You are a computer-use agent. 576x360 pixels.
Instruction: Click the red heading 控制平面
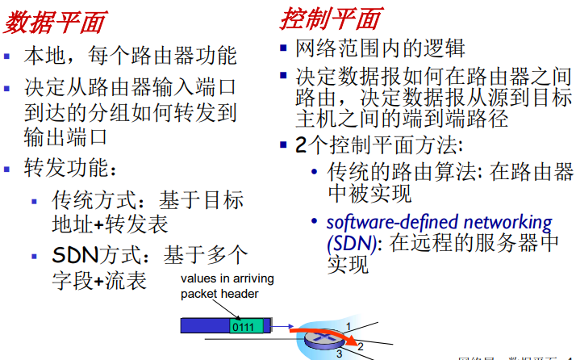330,18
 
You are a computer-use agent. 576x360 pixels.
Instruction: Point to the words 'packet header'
220,294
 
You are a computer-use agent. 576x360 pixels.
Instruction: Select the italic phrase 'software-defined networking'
439,222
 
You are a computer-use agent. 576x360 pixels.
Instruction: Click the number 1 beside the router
349,325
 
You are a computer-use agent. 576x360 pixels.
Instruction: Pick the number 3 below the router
340,354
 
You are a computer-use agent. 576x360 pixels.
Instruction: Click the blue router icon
323,341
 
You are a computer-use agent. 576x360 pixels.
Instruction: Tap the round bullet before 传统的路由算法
314,173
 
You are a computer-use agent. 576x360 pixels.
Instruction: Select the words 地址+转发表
110,224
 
